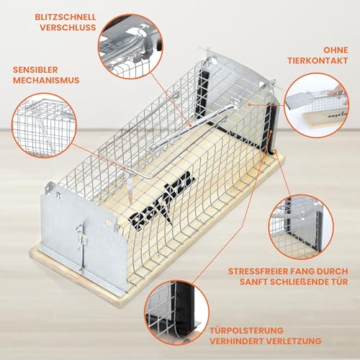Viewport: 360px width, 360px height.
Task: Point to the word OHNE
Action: pyautogui.click(x=330, y=49)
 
